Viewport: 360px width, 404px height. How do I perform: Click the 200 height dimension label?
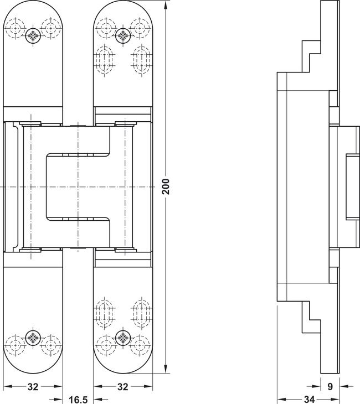tap(167, 187)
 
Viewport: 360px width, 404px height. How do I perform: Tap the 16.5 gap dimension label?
tap(78, 400)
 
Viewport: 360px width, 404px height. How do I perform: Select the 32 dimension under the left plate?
tap(33, 386)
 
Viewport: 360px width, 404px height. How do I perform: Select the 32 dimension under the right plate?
tap(123, 386)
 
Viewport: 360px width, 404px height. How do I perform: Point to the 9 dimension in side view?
tap(330, 386)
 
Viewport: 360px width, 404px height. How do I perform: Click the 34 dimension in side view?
tap(309, 400)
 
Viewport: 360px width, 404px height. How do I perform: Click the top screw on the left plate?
tap(33, 35)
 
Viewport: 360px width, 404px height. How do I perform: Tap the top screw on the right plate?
tap(123, 35)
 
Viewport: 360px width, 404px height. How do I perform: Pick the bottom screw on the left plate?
tap(33, 337)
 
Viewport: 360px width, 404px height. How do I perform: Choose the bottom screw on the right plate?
tap(123, 337)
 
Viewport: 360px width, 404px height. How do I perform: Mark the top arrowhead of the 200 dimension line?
tap(166, 4)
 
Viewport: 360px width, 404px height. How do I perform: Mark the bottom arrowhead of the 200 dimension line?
tap(166, 369)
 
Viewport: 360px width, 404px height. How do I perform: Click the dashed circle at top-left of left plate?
tap(15, 28)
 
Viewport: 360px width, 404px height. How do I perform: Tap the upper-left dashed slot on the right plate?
tap(105, 60)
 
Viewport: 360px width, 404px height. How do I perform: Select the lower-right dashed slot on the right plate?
tap(141, 313)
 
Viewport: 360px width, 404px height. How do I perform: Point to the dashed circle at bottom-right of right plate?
tap(140, 345)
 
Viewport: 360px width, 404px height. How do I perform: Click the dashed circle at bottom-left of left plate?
tap(15, 345)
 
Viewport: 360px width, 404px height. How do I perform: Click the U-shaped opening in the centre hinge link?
tap(78, 187)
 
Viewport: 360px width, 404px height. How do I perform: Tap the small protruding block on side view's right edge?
tap(353, 187)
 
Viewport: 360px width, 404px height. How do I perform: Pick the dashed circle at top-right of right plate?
tap(140, 28)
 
